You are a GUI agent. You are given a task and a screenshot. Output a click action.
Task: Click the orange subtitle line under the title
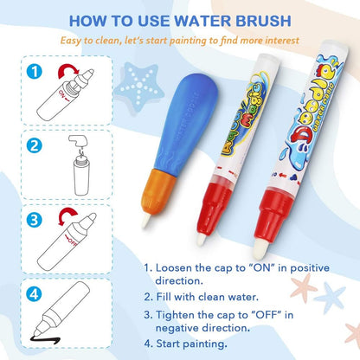179,40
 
